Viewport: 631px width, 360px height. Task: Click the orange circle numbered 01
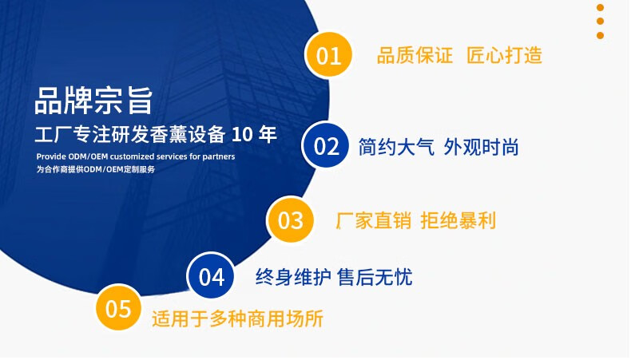[329, 55]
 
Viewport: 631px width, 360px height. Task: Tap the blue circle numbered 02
[326, 145]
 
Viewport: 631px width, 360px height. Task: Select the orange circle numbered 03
[290, 220]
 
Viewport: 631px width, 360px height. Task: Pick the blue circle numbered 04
[212, 276]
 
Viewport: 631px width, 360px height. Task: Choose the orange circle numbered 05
[118, 308]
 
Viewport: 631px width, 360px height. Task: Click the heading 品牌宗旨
[93, 100]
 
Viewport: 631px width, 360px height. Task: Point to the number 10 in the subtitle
[242, 134]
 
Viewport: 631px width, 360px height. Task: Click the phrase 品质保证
[415, 55]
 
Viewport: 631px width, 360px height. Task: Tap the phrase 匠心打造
[505, 55]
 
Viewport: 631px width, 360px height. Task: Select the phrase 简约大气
[396, 147]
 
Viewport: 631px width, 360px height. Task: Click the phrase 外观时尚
[482, 147]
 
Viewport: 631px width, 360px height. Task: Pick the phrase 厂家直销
[374, 221]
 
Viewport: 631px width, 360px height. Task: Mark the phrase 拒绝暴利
[458, 221]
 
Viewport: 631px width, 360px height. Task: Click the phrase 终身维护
[293, 277]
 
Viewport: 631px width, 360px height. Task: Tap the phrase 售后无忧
[375, 277]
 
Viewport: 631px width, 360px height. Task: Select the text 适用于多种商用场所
[237, 319]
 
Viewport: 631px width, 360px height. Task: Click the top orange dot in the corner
[600, 7]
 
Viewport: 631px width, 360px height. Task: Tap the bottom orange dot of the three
[600, 35]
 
